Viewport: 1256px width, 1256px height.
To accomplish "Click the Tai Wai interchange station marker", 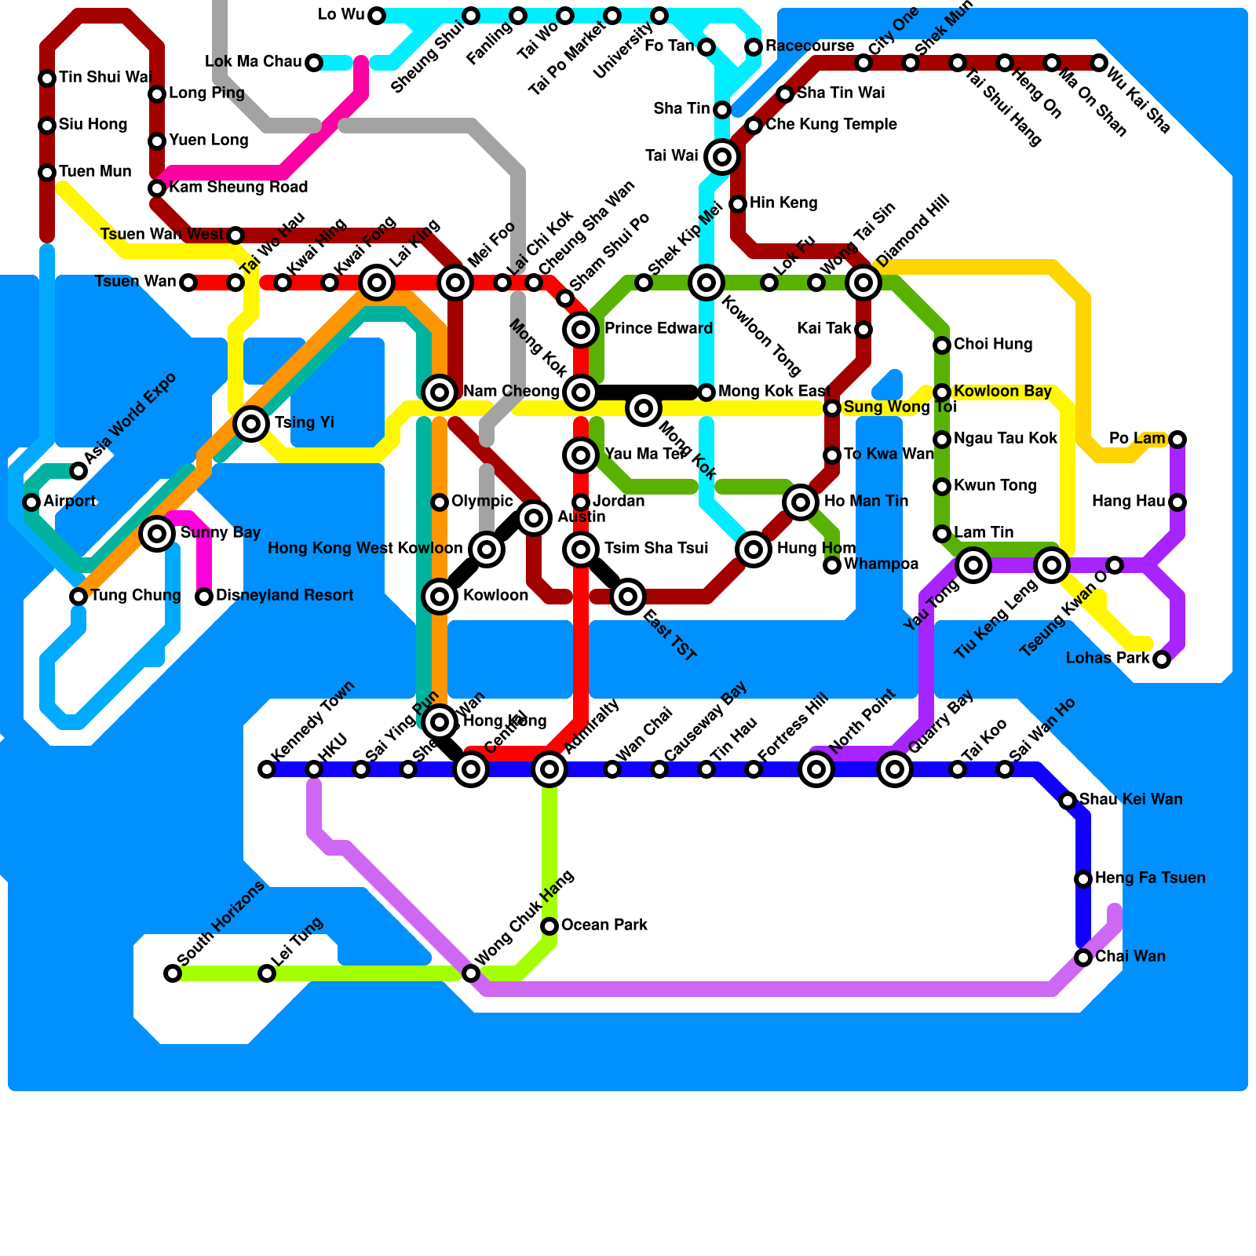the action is pyautogui.click(x=722, y=157).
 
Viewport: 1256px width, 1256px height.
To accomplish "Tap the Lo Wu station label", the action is pyautogui.click(x=341, y=15).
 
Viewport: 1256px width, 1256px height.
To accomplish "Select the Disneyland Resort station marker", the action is pyautogui.click(x=204, y=597).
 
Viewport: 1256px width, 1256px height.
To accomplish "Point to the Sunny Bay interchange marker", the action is pyautogui.click(x=157, y=534).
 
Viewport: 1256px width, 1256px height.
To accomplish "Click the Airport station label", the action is pyautogui.click(x=70, y=502).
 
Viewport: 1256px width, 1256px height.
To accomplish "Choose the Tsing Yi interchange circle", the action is pyautogui.click(x=251, y=424).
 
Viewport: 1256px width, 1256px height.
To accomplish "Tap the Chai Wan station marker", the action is pyautogui.click(x=1083, y=958).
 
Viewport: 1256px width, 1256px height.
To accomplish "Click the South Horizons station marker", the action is pyautogui.click(x=173, y=973).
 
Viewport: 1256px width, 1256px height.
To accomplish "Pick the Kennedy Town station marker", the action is pyautogui.click(x=267, y=769).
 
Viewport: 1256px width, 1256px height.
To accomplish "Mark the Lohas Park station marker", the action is pyautogui.click(x=1162, y=659).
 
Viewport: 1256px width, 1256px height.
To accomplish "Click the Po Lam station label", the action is pyautogui.click(x=1137, y=439).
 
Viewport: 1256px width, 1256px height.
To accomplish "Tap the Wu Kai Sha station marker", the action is pyautogui.click(x=1099, y=63).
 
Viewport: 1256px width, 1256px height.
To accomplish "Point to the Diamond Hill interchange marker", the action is pyautogui.click(x=863, y=283).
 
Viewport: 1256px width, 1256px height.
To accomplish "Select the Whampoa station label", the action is pyautogui.click(x=881, y=564).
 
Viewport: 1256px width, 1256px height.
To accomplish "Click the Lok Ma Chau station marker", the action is pyautogui.click(x=314, y=63).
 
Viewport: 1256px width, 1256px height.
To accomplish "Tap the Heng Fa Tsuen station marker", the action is pyautogui.click(x=1083, y=879).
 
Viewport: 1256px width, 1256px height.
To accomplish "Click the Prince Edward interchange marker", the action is pyautogui.click(x=581, y=330).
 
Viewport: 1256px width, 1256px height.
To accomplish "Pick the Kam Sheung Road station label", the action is pyautogui.click(x=238, y=188).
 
